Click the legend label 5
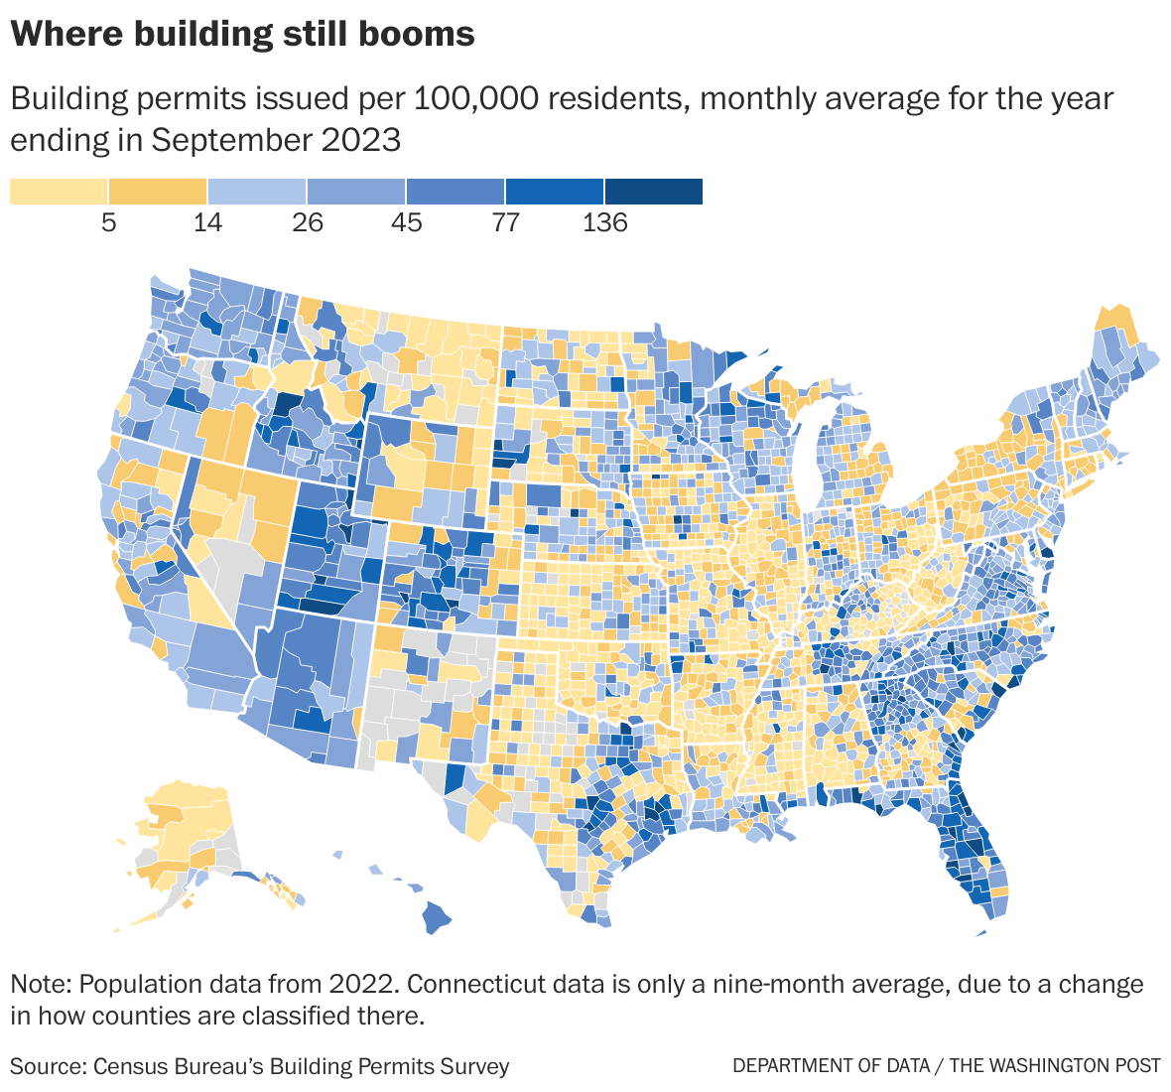tap(108, 222)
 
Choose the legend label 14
tap(207, 222)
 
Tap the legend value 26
tap(308, 222)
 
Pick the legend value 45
tap(406, 222)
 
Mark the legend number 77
tap(505, 222)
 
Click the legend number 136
tap(604, 222)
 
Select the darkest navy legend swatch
tap(654, 191)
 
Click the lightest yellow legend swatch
tap(59, 191)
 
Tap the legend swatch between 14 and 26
tap(257, 191)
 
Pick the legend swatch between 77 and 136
tap(555, 191)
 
